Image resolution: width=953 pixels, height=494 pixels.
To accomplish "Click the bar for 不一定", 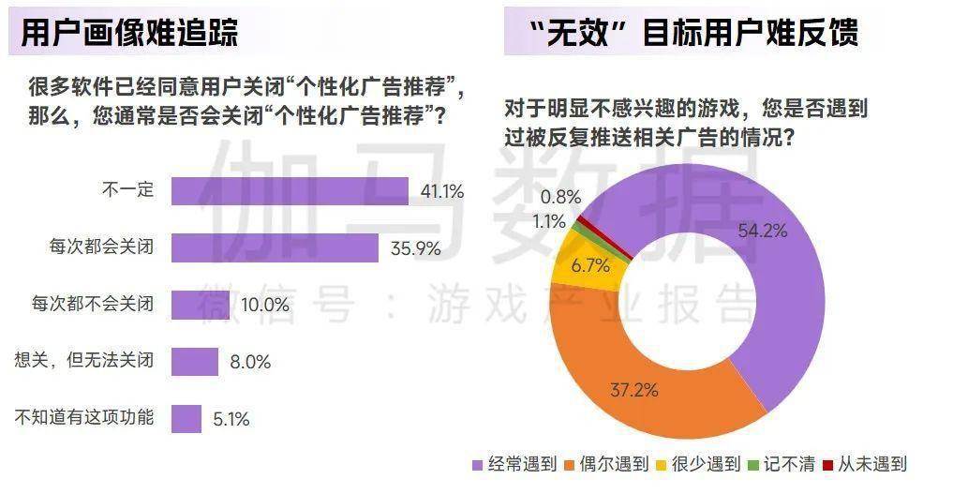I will coord(290,191).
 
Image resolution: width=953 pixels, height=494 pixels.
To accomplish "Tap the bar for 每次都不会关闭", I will coord(200,305).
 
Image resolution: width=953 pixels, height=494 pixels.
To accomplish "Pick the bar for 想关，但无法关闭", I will coord(194,361).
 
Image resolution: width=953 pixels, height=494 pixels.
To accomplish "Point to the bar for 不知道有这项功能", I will coord(186,418).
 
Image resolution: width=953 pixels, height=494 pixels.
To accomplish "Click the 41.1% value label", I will coord(442,192).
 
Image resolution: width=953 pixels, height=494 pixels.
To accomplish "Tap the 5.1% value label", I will coord(231,419).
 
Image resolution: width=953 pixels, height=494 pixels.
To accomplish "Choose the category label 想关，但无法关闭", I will coord(85,361).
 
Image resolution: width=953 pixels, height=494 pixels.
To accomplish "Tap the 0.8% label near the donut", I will coord(562,197).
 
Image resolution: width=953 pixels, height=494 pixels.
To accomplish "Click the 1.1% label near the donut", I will coord(549,222).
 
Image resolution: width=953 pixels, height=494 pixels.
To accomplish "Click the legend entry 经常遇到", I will coord(514,463).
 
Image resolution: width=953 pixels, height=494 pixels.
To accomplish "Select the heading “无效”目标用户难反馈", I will coord(692,33).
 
